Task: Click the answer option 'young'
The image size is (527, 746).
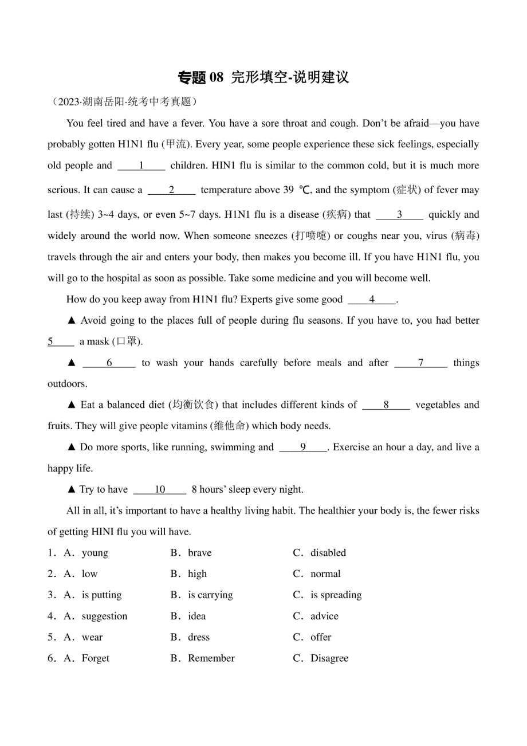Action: point(95,553)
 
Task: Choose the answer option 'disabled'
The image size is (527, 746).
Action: point(328,553)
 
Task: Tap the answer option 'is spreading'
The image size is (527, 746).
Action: point(336,595)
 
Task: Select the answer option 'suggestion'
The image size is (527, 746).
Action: point(104,617)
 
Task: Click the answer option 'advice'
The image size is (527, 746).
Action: point(324,617)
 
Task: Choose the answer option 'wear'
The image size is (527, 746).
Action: point(92,637)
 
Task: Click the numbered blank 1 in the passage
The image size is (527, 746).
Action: point(141,166)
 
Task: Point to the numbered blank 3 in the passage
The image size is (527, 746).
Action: point(400,215)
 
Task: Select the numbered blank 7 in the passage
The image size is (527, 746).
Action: point(421,363)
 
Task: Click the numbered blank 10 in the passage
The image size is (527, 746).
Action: point(160,489)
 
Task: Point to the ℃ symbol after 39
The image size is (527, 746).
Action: point(305,190)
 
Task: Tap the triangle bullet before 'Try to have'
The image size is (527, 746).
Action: point(72,489)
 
